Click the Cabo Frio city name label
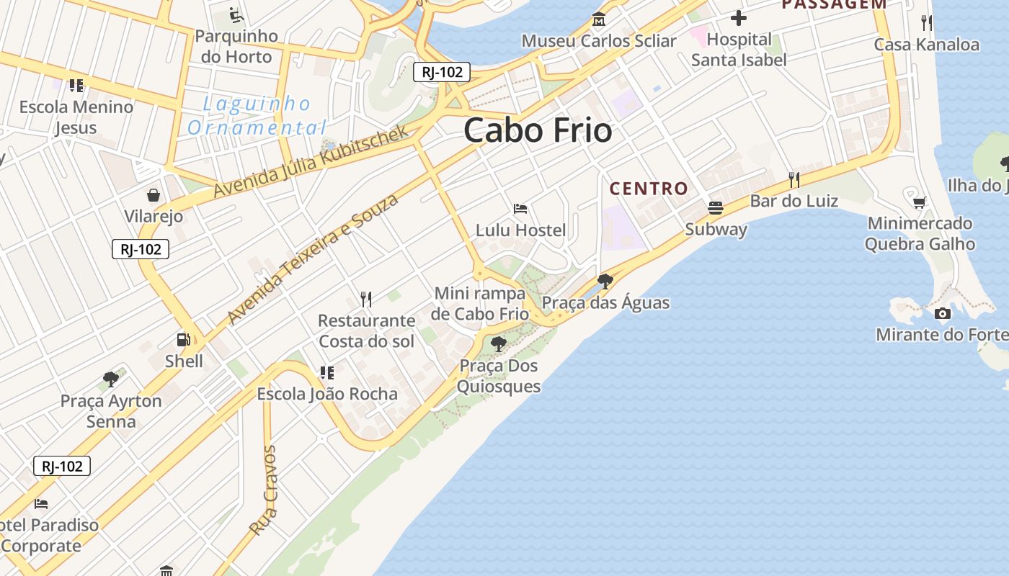pyautogui.click(x=538, y=130)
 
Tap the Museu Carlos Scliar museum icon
pyautogui.click(x=598, y=19)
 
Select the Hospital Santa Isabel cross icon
pyautogui.click(x=739, y=18)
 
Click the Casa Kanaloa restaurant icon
pyautogui.click(x=927, y=23)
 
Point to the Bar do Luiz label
pyautogui.click(x=794, y=200)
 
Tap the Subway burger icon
pyautogui.click(x=716, y=208)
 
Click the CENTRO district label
pyautogui.click(x=649, y=189)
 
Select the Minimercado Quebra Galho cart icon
pyautogui.click(x=919, y=202)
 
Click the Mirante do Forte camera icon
pyautogui.click(x=942, y=313)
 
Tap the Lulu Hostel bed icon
pyautogui.click(x=520, y=209)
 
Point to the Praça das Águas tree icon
pyautogui.click(x=605, y=281)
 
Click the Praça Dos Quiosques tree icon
pyautogui.click(x=498, y=344)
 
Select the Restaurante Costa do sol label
pyautogui.click(x=366, y=330)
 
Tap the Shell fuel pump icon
pyautogui.click(x=184, y=339)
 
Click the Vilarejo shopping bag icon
pyautogui.click(x=154, y=195)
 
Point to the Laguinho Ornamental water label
pyautogui.click(x=257, y=116)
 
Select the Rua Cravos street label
pyautogui.click(x=262, y=490)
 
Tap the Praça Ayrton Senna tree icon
pyautogui.click(x=111, y=379)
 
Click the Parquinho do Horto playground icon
pyautogui.click(x=236, y=14)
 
